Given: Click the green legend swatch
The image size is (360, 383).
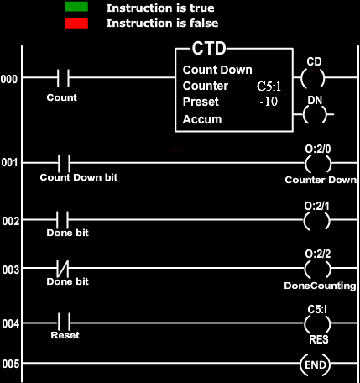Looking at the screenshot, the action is (x=76, y=7).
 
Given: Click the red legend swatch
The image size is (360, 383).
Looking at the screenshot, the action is (x=76, y=24).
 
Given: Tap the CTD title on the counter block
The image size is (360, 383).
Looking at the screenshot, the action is (x=209, y=49).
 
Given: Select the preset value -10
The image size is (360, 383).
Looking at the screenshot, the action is (x=269, y=102).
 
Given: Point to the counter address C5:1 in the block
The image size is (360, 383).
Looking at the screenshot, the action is (x=269, y=87).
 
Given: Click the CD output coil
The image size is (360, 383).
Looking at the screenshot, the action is (x=313, y=78).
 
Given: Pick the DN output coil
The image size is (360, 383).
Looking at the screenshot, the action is (x=315, y=114).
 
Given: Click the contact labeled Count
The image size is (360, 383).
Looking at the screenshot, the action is (x=63, y=78).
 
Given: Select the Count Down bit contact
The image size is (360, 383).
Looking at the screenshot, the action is (x=64, y=163).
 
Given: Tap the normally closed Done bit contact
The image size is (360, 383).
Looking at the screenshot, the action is (x=63, y=268).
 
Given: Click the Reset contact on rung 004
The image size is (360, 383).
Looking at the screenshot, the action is (x=64, y=323).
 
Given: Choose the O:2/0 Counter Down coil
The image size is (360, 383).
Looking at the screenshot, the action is (x=318, y=164).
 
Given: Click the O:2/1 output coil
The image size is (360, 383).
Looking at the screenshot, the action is (x=316, y=221).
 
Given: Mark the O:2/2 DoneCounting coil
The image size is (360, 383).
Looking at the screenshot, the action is (x=318, y=269).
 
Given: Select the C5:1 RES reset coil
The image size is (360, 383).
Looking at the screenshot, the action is (x=317, y=323).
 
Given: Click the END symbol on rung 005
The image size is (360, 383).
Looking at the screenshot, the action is (x=316, y=365).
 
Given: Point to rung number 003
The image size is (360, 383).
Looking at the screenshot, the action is (x=11, y=270).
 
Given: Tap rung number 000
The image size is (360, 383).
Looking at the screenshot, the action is (x=9, y=79).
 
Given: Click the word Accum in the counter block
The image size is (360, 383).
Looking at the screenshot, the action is (x=202, y=119).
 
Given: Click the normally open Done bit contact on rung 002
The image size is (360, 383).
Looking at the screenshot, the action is (x=62, y=220).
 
